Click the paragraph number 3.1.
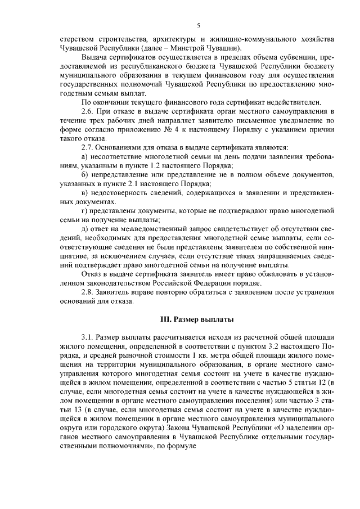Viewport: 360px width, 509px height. [x=89, y=336]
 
